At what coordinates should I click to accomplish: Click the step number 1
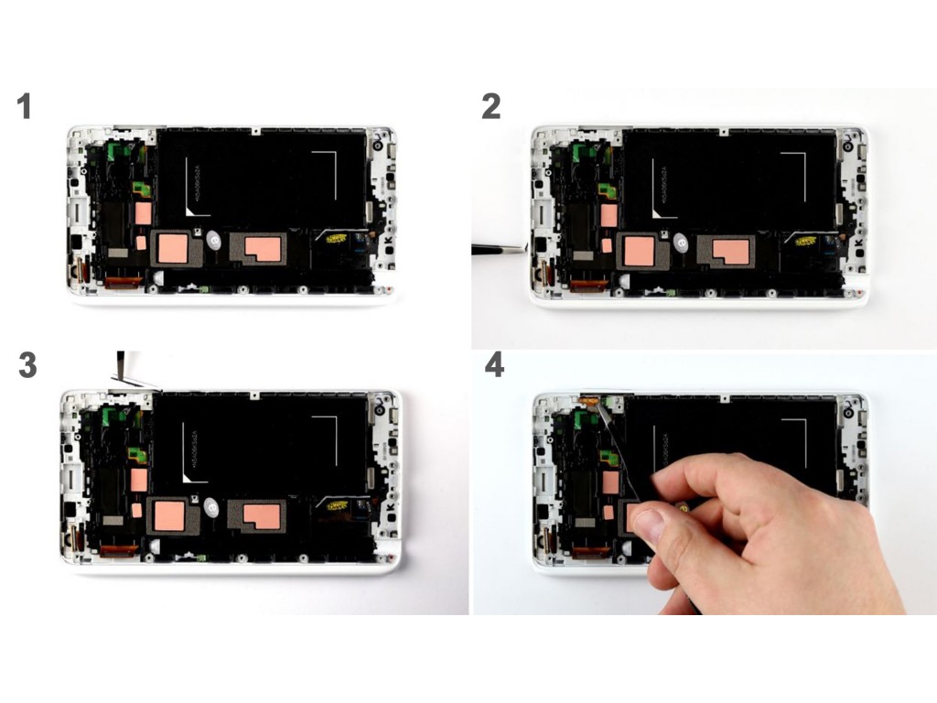[x=24, y=106]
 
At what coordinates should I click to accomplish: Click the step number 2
[x=491, y=106]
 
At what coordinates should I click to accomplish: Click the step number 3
[x=27, y=365]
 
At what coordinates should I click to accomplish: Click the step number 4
[x=494, y=364]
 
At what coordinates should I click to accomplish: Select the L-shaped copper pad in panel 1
[x=263, y=249]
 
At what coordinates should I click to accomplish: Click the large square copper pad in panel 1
[x=173, y=249]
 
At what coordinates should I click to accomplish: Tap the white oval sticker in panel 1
[x=214, y=241]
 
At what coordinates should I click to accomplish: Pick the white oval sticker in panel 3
[x=211, y=507]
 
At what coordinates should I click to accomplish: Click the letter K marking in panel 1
[x=388, y=241]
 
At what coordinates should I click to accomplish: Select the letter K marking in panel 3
[x=390, y=507]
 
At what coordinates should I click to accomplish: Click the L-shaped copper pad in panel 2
[x=731, y=251]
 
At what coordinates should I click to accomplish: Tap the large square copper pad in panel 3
[x=169, y=516]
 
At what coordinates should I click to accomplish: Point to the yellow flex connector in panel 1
[x=336, y=239]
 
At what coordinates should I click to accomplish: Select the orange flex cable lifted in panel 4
[x=589, y=401]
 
